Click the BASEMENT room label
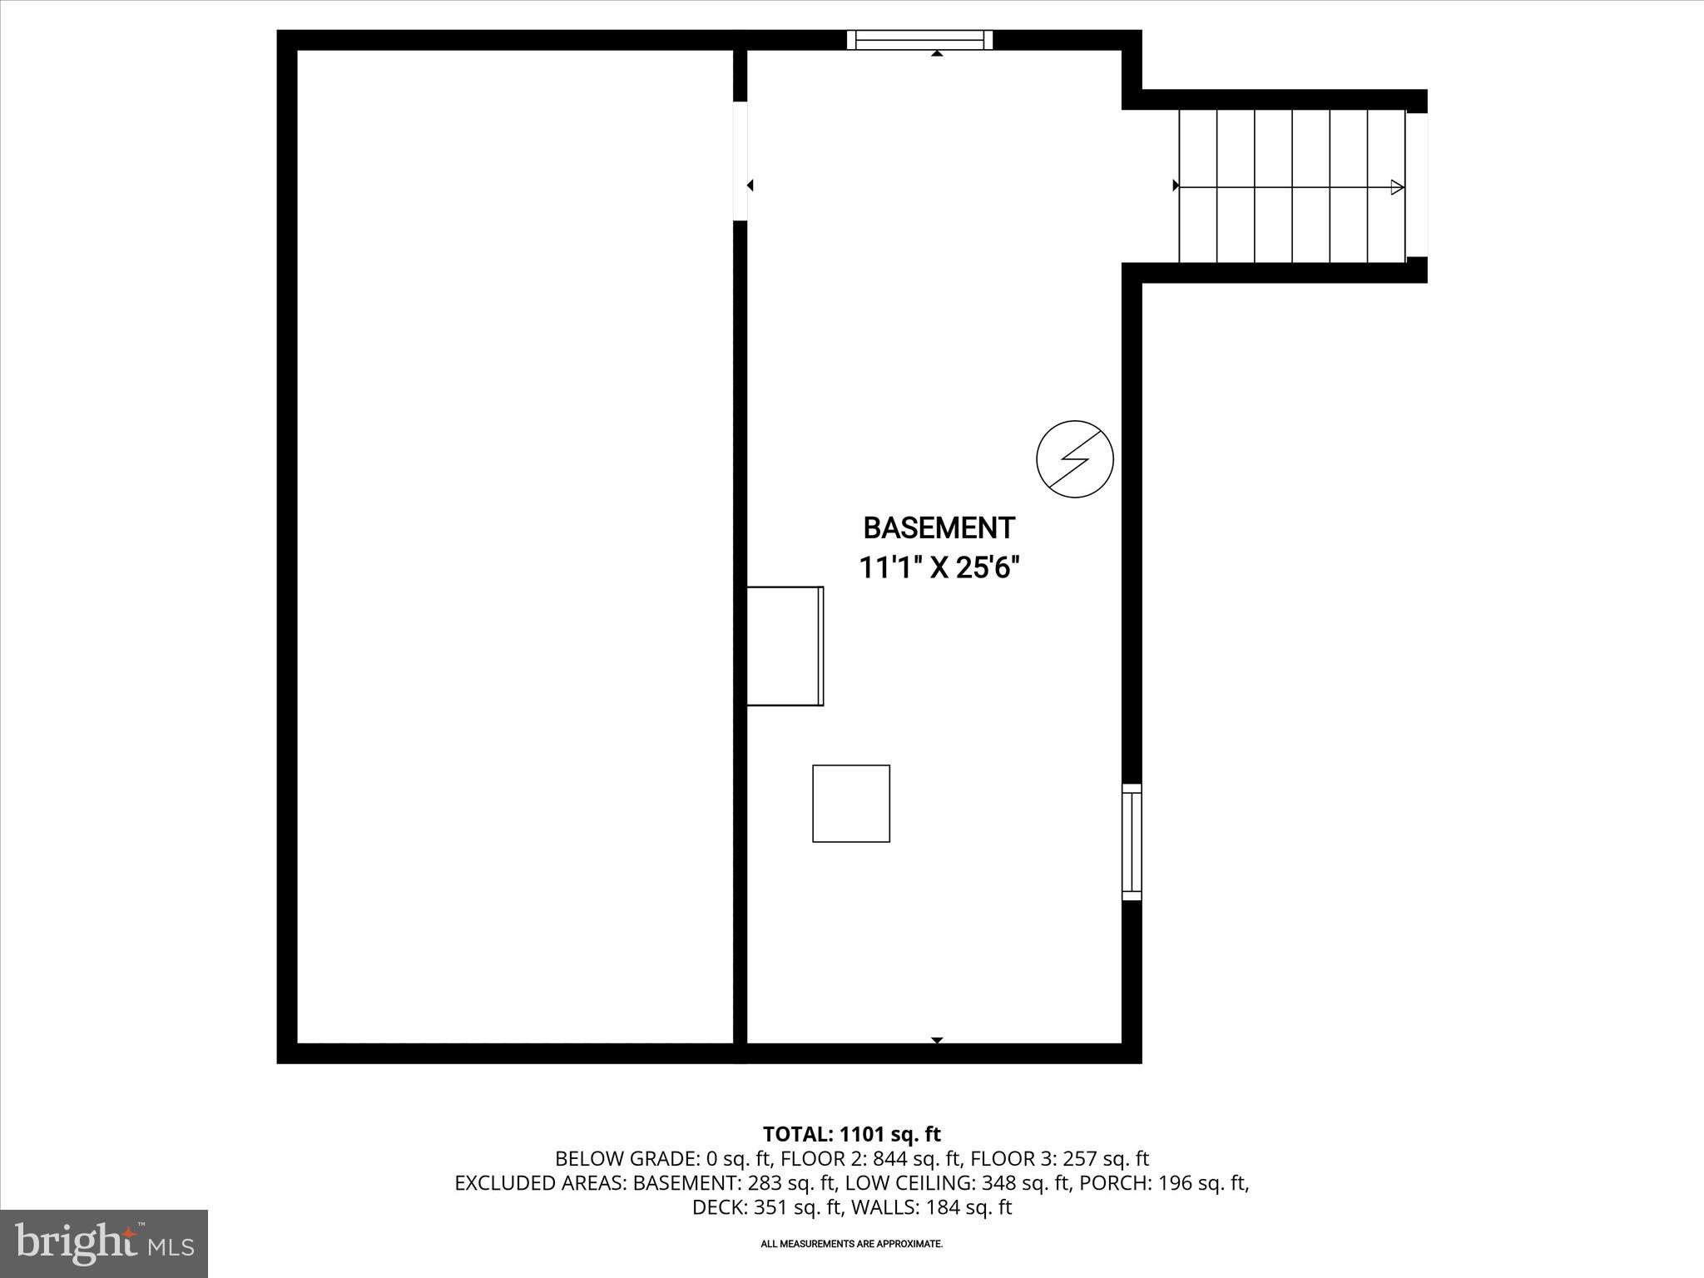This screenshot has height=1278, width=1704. (x=939, y=528)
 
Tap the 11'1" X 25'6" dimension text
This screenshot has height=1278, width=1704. (x=939, y=568)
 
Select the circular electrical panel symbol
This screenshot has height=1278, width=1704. (x=1074, y=459)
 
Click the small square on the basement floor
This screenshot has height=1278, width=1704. (x=851, y=803)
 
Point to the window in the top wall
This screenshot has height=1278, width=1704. (x=919, y=40)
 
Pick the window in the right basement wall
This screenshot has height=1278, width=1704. (x=1132, y=841)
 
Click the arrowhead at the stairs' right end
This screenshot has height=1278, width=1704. (x=1398, y=187)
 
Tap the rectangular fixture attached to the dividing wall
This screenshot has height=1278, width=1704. (x=785, y=646)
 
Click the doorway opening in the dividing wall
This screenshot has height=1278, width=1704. (x=740, y=161)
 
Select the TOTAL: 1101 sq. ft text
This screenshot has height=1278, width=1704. (x=851, y=1134)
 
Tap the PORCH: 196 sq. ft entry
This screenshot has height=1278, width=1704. (x=1163, y=1182)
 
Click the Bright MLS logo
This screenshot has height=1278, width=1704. (x=104, y=1243)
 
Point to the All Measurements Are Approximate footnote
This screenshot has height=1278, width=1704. (x=851, y=1244)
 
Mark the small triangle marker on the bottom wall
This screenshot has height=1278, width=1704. (x=937, y=1040)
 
